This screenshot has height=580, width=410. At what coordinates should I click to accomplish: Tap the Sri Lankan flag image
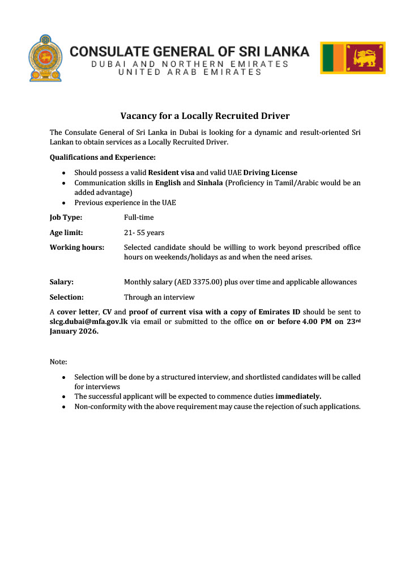click(353, 58)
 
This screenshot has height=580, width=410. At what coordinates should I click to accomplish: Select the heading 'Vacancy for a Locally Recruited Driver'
click(205, 116)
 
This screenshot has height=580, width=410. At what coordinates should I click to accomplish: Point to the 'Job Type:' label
click(66, 217)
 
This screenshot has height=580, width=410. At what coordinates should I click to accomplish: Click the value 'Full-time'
click(139, 217)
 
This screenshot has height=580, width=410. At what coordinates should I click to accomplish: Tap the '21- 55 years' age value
click(144, 232)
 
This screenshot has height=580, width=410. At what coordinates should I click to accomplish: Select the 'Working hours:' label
click(77, 248)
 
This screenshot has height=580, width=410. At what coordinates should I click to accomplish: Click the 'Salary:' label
click(62, 282)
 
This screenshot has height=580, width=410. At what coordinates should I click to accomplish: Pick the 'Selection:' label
click(67, 297)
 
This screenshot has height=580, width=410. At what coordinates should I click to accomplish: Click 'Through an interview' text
click(159, 297)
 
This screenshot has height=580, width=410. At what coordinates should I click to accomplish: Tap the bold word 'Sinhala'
click(210, 183)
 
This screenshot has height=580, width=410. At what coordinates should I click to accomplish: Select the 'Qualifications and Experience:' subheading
click(103, 157)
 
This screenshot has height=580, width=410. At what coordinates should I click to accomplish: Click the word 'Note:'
click(58, 361)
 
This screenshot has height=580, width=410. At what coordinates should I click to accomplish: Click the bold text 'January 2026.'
click(74, 332)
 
